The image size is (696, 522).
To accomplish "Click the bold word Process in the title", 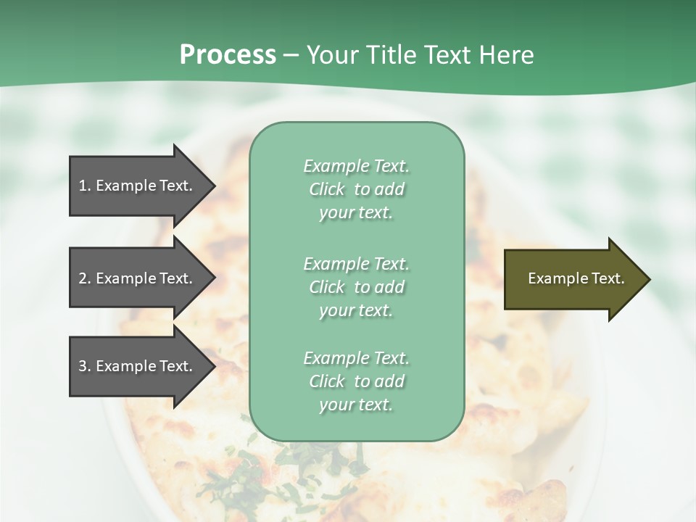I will [228, 55].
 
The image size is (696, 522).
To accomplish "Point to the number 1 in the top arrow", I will [83, 186].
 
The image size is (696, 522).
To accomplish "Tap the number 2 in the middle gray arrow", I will [83, 278].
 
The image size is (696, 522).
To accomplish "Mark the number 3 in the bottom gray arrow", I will [83, 366].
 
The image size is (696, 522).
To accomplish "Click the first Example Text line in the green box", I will [356, 166].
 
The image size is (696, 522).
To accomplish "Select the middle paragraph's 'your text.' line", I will [356, 310].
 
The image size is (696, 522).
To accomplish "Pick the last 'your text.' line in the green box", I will [356, 405].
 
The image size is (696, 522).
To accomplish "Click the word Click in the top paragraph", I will [327, 189].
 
